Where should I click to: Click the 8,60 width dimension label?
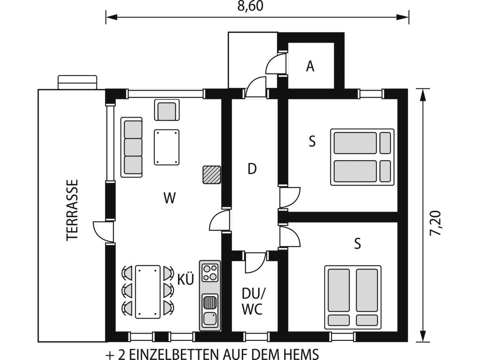tap(250, 6)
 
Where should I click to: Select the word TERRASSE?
tap(73, 210)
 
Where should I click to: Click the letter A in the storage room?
tap(310, 66)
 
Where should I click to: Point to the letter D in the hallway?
tap(252, 169)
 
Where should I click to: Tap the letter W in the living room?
tap(169, 198)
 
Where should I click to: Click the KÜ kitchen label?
tap(186, 279)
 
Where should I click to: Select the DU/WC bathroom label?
tap(252, 301)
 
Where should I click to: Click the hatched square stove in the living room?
tap(211, 175)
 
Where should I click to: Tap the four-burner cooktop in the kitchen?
tap(210, 273)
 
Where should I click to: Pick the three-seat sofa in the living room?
tap(132, 147)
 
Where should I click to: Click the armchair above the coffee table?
tap(167, 110)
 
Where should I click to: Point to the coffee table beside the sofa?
tap(167, 148)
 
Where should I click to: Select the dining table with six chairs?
tap(148, 292)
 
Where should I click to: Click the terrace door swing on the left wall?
tap(103, 232)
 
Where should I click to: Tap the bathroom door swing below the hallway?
tap(255, 262)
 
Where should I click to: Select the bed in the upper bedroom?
tap(362, 157)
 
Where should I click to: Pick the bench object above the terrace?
tap(77, 82)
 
